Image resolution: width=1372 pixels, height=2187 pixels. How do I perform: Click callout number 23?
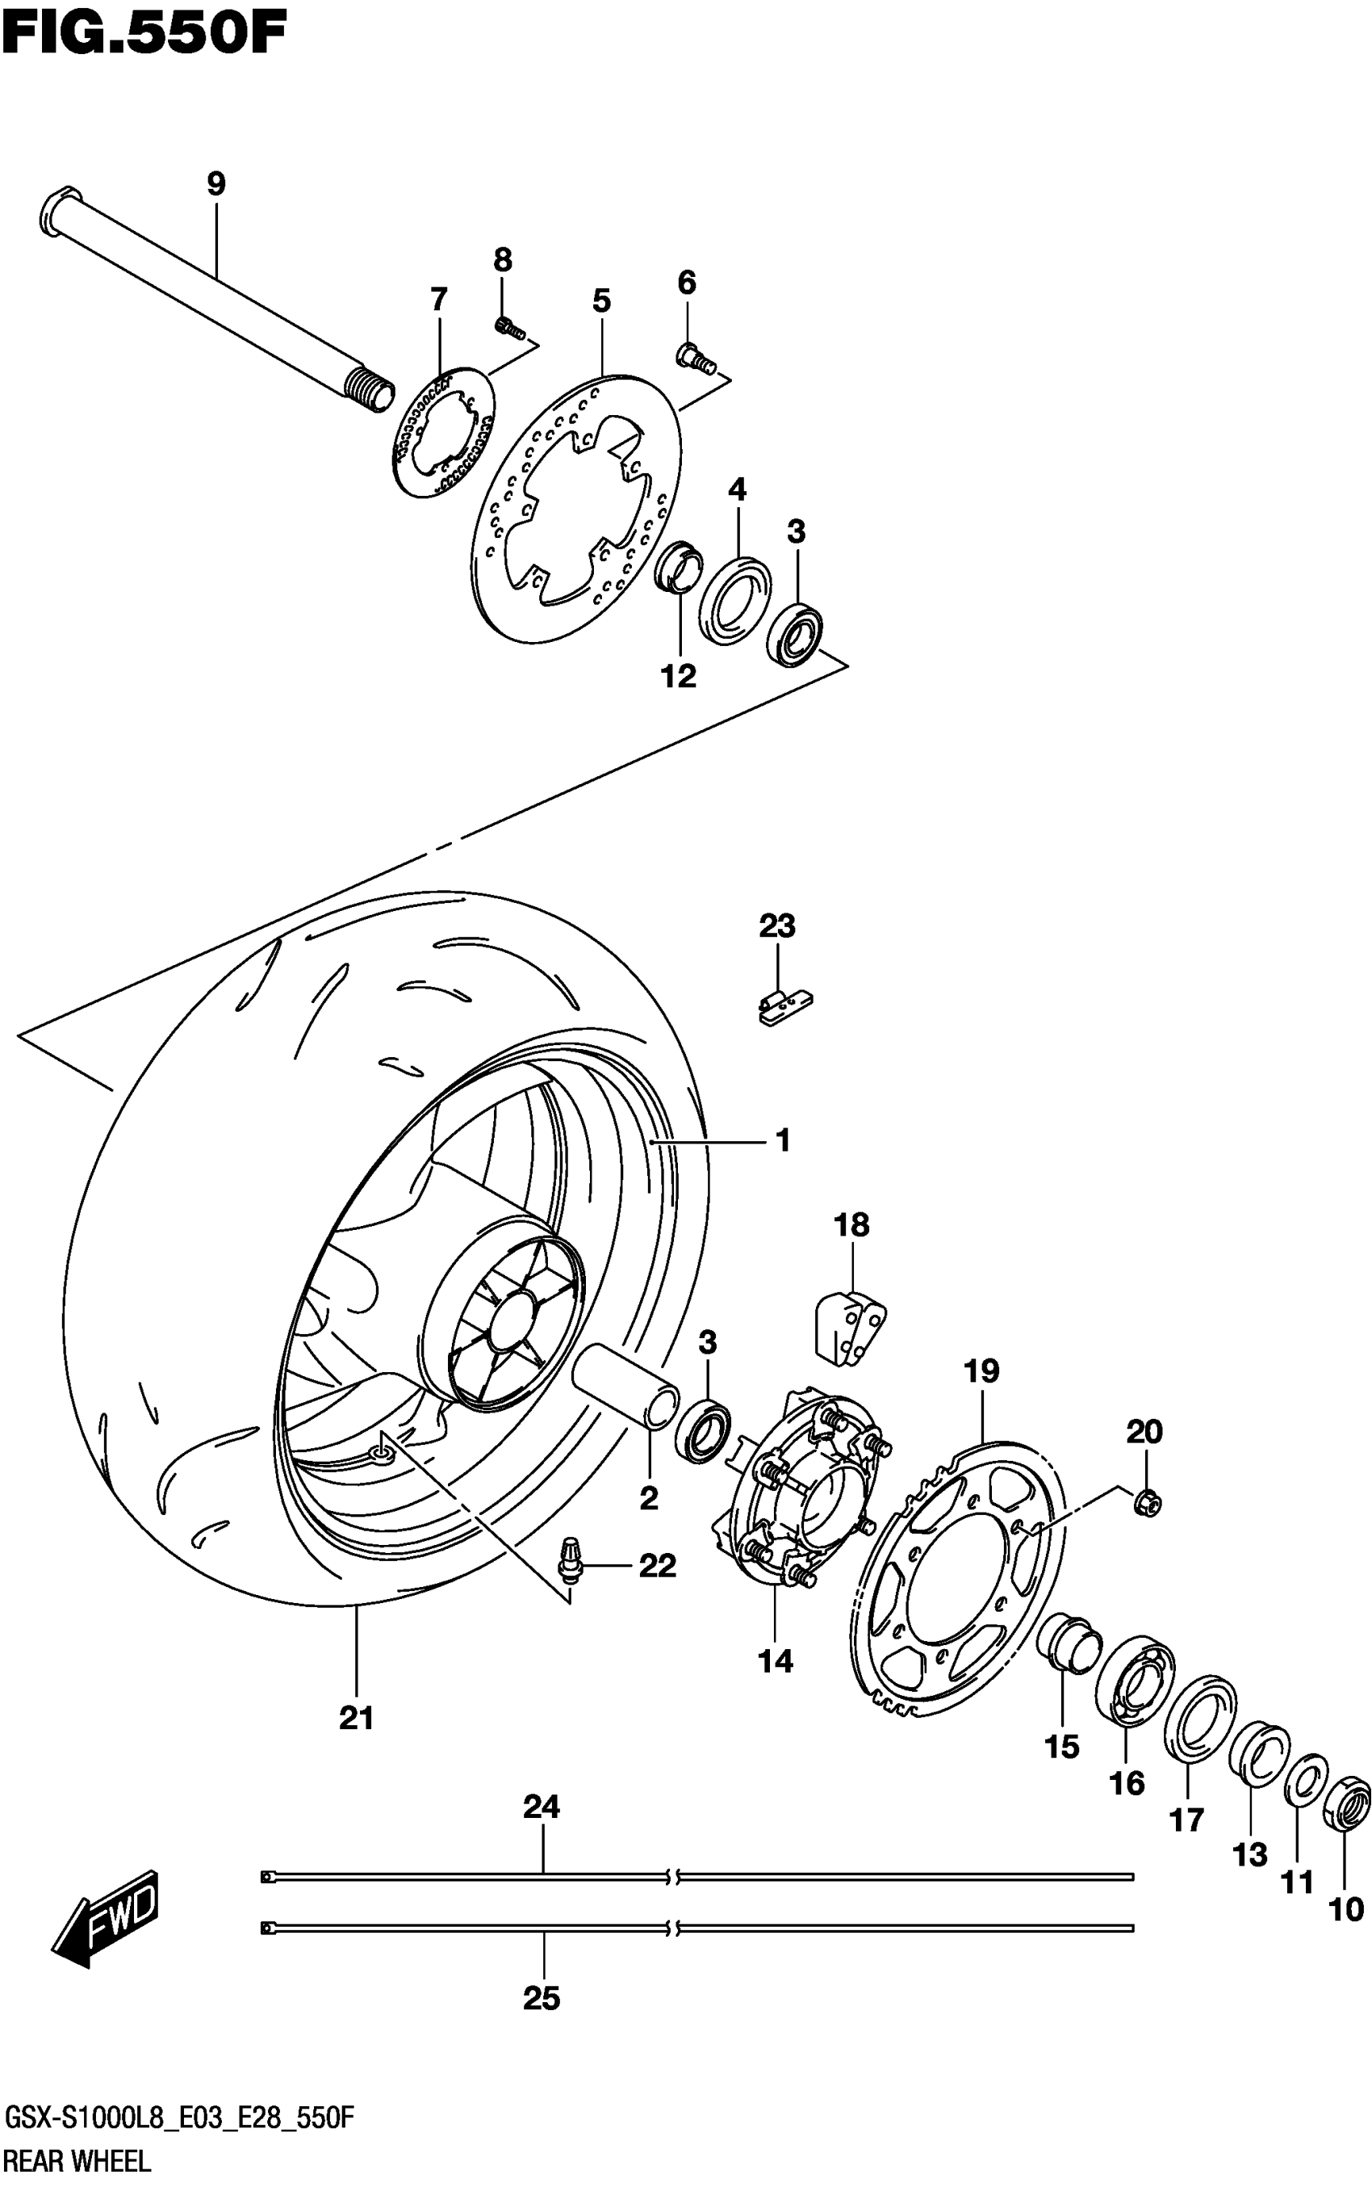(x=776, y=926)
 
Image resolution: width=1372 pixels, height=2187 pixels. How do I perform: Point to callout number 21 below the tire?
(x=357, y=1718)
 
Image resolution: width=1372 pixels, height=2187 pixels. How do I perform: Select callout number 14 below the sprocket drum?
(x=775, y=1661)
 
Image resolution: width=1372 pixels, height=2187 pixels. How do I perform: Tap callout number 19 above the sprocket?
(x=981, y=1396)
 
